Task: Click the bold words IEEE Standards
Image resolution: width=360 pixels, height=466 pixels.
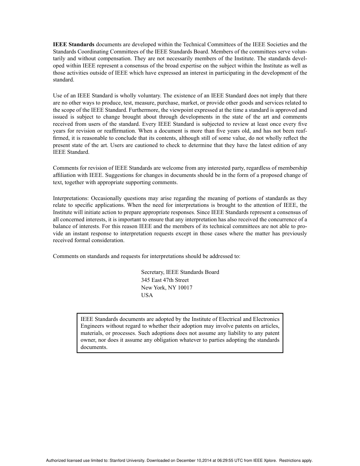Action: pos(74,44)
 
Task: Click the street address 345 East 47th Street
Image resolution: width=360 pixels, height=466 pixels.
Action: pos(165,280)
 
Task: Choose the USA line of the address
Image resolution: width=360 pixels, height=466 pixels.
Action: pos(147,295)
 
